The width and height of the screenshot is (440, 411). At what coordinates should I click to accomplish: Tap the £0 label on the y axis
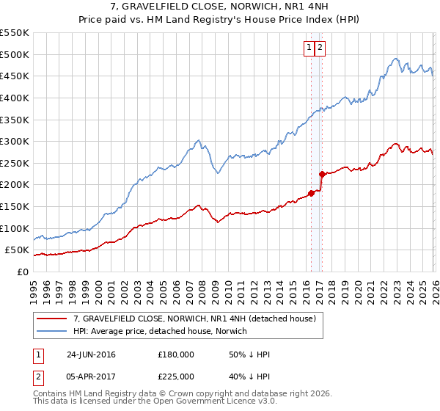[22, 272]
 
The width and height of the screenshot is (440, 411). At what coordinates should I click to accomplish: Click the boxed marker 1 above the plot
[309, 48]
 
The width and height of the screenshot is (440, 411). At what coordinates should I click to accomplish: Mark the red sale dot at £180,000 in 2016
[311, 193]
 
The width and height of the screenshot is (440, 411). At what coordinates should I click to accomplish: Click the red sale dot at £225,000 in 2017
[321, 174]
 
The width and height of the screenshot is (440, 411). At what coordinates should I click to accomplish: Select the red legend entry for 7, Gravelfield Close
[194, 319]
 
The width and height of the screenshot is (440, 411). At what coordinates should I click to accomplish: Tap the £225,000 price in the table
[175, 377]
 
